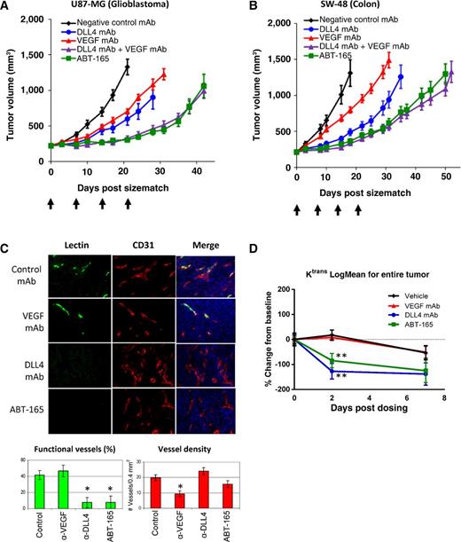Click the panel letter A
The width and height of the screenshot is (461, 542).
click(x=6, y=7)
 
